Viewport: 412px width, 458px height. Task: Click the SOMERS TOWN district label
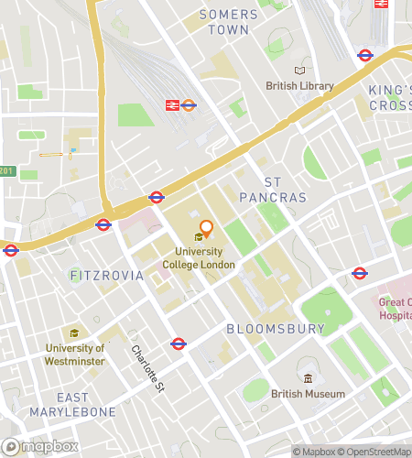click(x=223, y=22)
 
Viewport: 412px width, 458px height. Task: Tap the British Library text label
click(x=299, y=86)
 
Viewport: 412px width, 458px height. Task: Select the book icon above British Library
click(x=299, y=71)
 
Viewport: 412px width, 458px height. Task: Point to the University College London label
click(x=199, y=258)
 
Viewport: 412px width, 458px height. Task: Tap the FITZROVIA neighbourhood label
click(x=107, y=275)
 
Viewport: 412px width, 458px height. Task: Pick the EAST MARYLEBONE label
click(x=86, y=404)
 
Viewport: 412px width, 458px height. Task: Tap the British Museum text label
click(x=309, y=394)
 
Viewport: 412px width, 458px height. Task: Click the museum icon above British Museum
click(x=309, y=378)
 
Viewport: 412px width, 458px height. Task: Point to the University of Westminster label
click(x=75, y=354)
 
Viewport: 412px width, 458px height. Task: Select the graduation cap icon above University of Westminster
click(x=74, y=333)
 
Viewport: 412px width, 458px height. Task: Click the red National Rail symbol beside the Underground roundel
click(x=171, y=105)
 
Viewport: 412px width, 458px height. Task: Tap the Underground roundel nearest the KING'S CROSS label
click(x=365, y=54)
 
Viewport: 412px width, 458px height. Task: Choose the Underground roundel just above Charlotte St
click(x=179, y=343)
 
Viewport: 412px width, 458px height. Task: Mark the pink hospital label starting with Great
click(x=396, y=309)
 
